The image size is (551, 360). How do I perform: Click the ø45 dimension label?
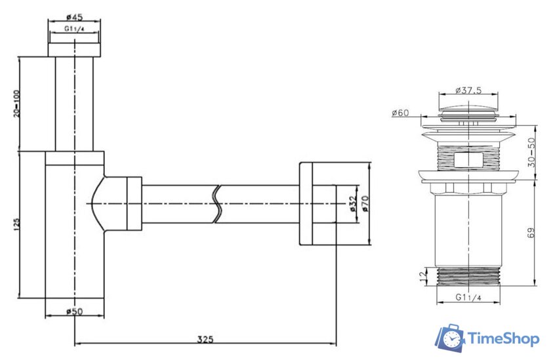click(x=74, y=18)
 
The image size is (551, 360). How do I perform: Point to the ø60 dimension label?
click(x=401, y=113)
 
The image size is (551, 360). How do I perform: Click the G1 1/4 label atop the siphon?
click(x=74, y=30)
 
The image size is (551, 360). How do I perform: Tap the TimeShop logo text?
click(x=503, y=338)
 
